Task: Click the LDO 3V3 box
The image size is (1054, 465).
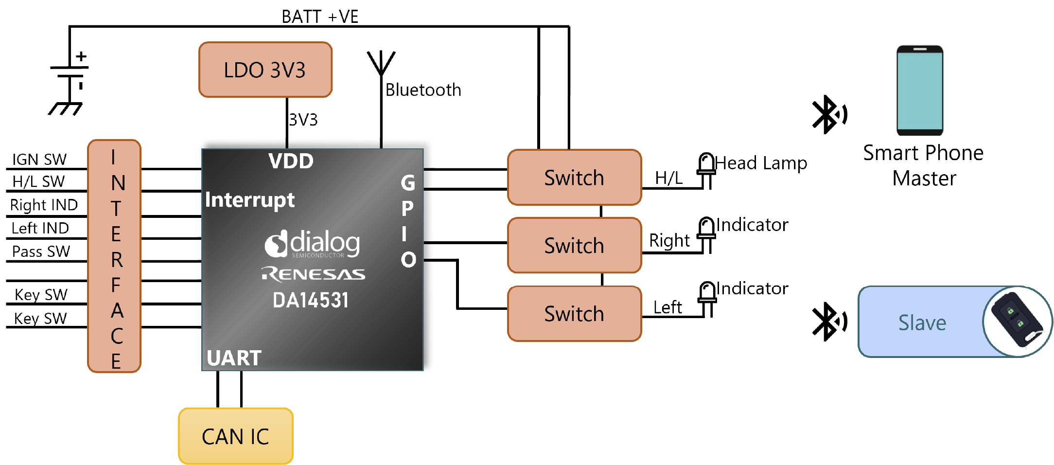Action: tap(265, 70)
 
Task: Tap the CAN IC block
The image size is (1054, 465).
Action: tap(236, 436)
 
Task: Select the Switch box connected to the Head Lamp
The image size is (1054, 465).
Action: tap(575, 178)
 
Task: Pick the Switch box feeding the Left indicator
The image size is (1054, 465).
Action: tap(575, 314)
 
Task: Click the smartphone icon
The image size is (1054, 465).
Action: tap(920, 90)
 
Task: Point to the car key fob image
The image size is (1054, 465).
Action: tap(1017, 322)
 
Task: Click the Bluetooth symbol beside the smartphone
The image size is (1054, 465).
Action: tap(829, 114)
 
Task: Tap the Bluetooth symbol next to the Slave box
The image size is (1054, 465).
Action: tap(829, 322)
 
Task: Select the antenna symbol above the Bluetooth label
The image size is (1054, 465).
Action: tap(381, 63)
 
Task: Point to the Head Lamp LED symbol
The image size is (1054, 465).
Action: tap(706, 170)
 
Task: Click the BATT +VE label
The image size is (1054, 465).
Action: tap(320, 17)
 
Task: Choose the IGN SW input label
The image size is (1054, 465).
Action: tap(39, 159)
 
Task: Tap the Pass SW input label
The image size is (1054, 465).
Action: tap(41, 251)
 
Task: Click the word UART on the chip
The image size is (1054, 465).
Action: tap(234, 358)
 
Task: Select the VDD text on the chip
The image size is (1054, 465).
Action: tap(291, 161)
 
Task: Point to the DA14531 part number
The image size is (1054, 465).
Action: tap(311, 300)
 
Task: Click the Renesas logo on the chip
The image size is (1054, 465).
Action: tap(313, 274)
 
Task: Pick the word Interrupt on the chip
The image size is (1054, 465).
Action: tap(250, 200)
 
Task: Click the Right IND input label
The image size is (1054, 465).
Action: tap(44, 205)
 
